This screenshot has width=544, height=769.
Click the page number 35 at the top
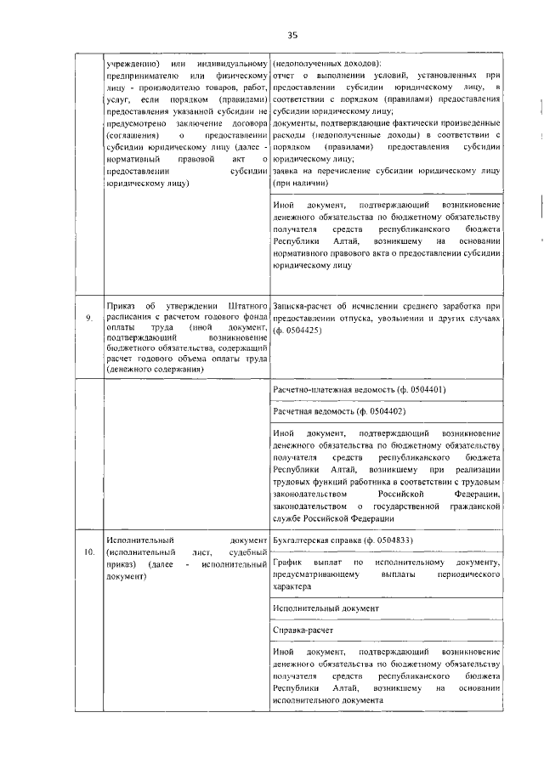click(x=292, y=35)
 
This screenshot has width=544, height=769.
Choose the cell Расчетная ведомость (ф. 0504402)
click(x=337, y=410)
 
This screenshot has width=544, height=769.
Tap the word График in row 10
click(x=292, y=563)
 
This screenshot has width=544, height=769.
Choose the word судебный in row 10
click(x=245, y=552)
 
